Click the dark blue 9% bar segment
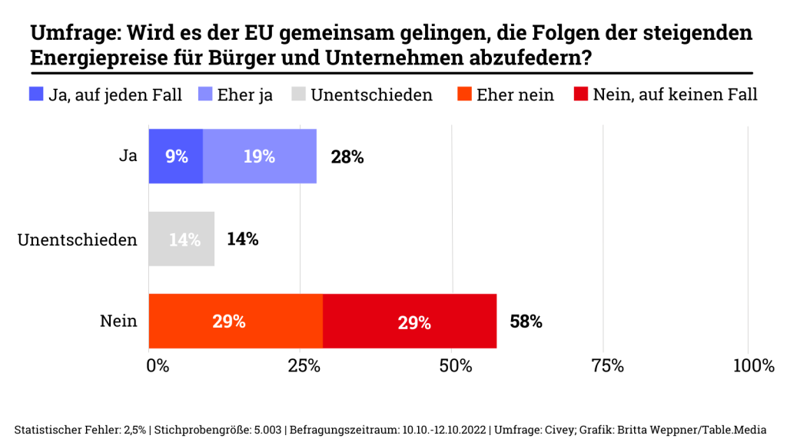[x=176, y=157]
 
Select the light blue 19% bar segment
[x=260, y=157]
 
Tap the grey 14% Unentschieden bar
[x=181, y=239]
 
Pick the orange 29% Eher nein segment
[x=235, y=322]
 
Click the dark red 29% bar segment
[x=410, y=322]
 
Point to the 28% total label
[x=347, y=157]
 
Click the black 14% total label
[x=242, y=239]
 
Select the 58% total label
[x=526, y=322]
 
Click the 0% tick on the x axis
[x=158, y=366]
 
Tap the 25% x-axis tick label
[x=304, y=366]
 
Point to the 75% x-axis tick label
[x=606, y=366]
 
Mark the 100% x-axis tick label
[x=753, y=366]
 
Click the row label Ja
[x=128, y=157]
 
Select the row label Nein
[x=118, y=322]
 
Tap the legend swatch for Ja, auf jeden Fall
[x=36, y=94]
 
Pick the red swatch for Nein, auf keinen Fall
[x=581, y=94]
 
